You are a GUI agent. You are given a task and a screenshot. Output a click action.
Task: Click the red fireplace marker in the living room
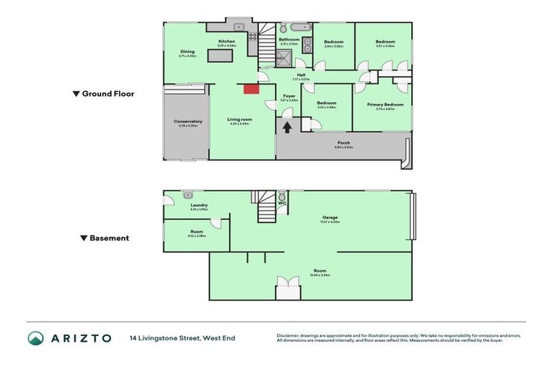tap(251, 89)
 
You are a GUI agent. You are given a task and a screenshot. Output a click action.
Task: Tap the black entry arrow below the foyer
tap(288, 128)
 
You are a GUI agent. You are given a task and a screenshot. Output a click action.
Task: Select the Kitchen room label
tap(227, 42)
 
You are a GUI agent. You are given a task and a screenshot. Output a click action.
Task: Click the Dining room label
tap(188, 51)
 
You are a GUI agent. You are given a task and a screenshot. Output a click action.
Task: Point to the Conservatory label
tap(188, 121)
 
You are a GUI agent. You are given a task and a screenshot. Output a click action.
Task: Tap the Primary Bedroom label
tap(384, 105)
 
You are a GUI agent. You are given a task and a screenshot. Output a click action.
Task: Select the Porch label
tap(343, 142)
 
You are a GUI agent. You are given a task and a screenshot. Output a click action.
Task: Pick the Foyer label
tap(289, 95)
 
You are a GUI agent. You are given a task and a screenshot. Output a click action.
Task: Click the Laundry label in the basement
tap(199, 205)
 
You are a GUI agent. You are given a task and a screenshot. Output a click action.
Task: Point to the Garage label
tap(331, 218)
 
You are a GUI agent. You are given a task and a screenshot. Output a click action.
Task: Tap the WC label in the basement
tap(283, 203)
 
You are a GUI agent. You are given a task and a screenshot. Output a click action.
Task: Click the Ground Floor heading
tap(107, 94)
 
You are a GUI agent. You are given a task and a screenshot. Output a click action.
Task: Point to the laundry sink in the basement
tap(188, 194)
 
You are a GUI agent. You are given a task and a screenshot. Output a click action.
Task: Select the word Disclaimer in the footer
tap(289, 335)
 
